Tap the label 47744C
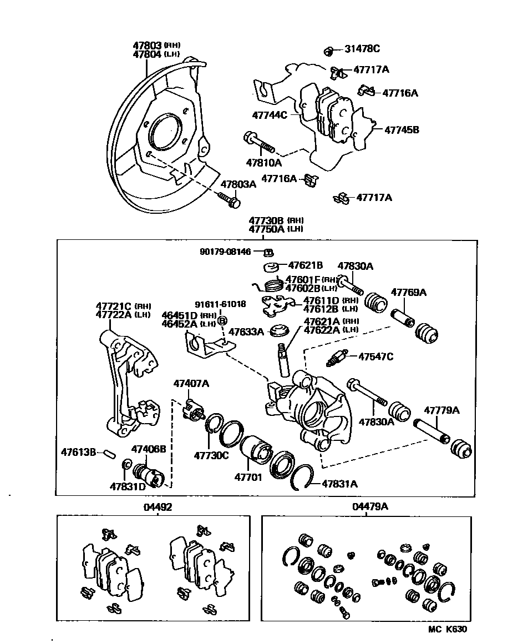click(270, 115)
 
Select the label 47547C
click(375, 356)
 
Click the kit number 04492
click(157, 507)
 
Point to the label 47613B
click(78, 451)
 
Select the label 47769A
click(409, 292)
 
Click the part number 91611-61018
click(220, 305)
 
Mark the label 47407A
click(191, 384)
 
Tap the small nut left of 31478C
click(328, 51)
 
